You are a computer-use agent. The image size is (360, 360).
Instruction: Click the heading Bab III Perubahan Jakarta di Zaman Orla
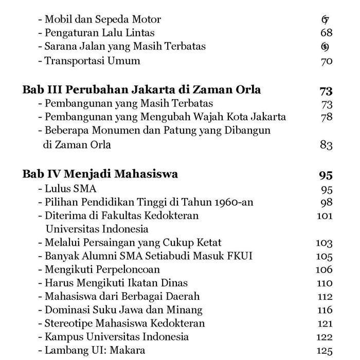pyautogui.click(x=141, y=90)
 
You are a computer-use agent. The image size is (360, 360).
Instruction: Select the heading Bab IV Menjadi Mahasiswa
pyautogui.click(x=100, y=174)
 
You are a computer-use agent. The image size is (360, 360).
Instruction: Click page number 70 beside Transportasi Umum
pyautogui.click(x=326, y=61)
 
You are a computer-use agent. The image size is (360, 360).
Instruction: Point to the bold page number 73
pyautogui.click(x=326, y=91)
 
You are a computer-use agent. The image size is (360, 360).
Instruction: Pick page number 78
pyautogui.click(x=326, y=117)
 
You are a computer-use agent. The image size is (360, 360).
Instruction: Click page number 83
pyautogui.click(x=326, y=145)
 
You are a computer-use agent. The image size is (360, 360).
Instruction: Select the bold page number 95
pyautogui.click(x=326, y=175)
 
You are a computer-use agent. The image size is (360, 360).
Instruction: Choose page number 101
pyautogui.click(x=325, y=216)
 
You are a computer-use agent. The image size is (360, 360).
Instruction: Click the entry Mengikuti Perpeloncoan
pyautogui.click(x=102, y=269)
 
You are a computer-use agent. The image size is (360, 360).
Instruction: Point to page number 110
pyautogui.click(x=325, y=283)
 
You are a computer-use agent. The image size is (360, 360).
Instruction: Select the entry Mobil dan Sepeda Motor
pyautogui.click(x=102, y=20)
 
